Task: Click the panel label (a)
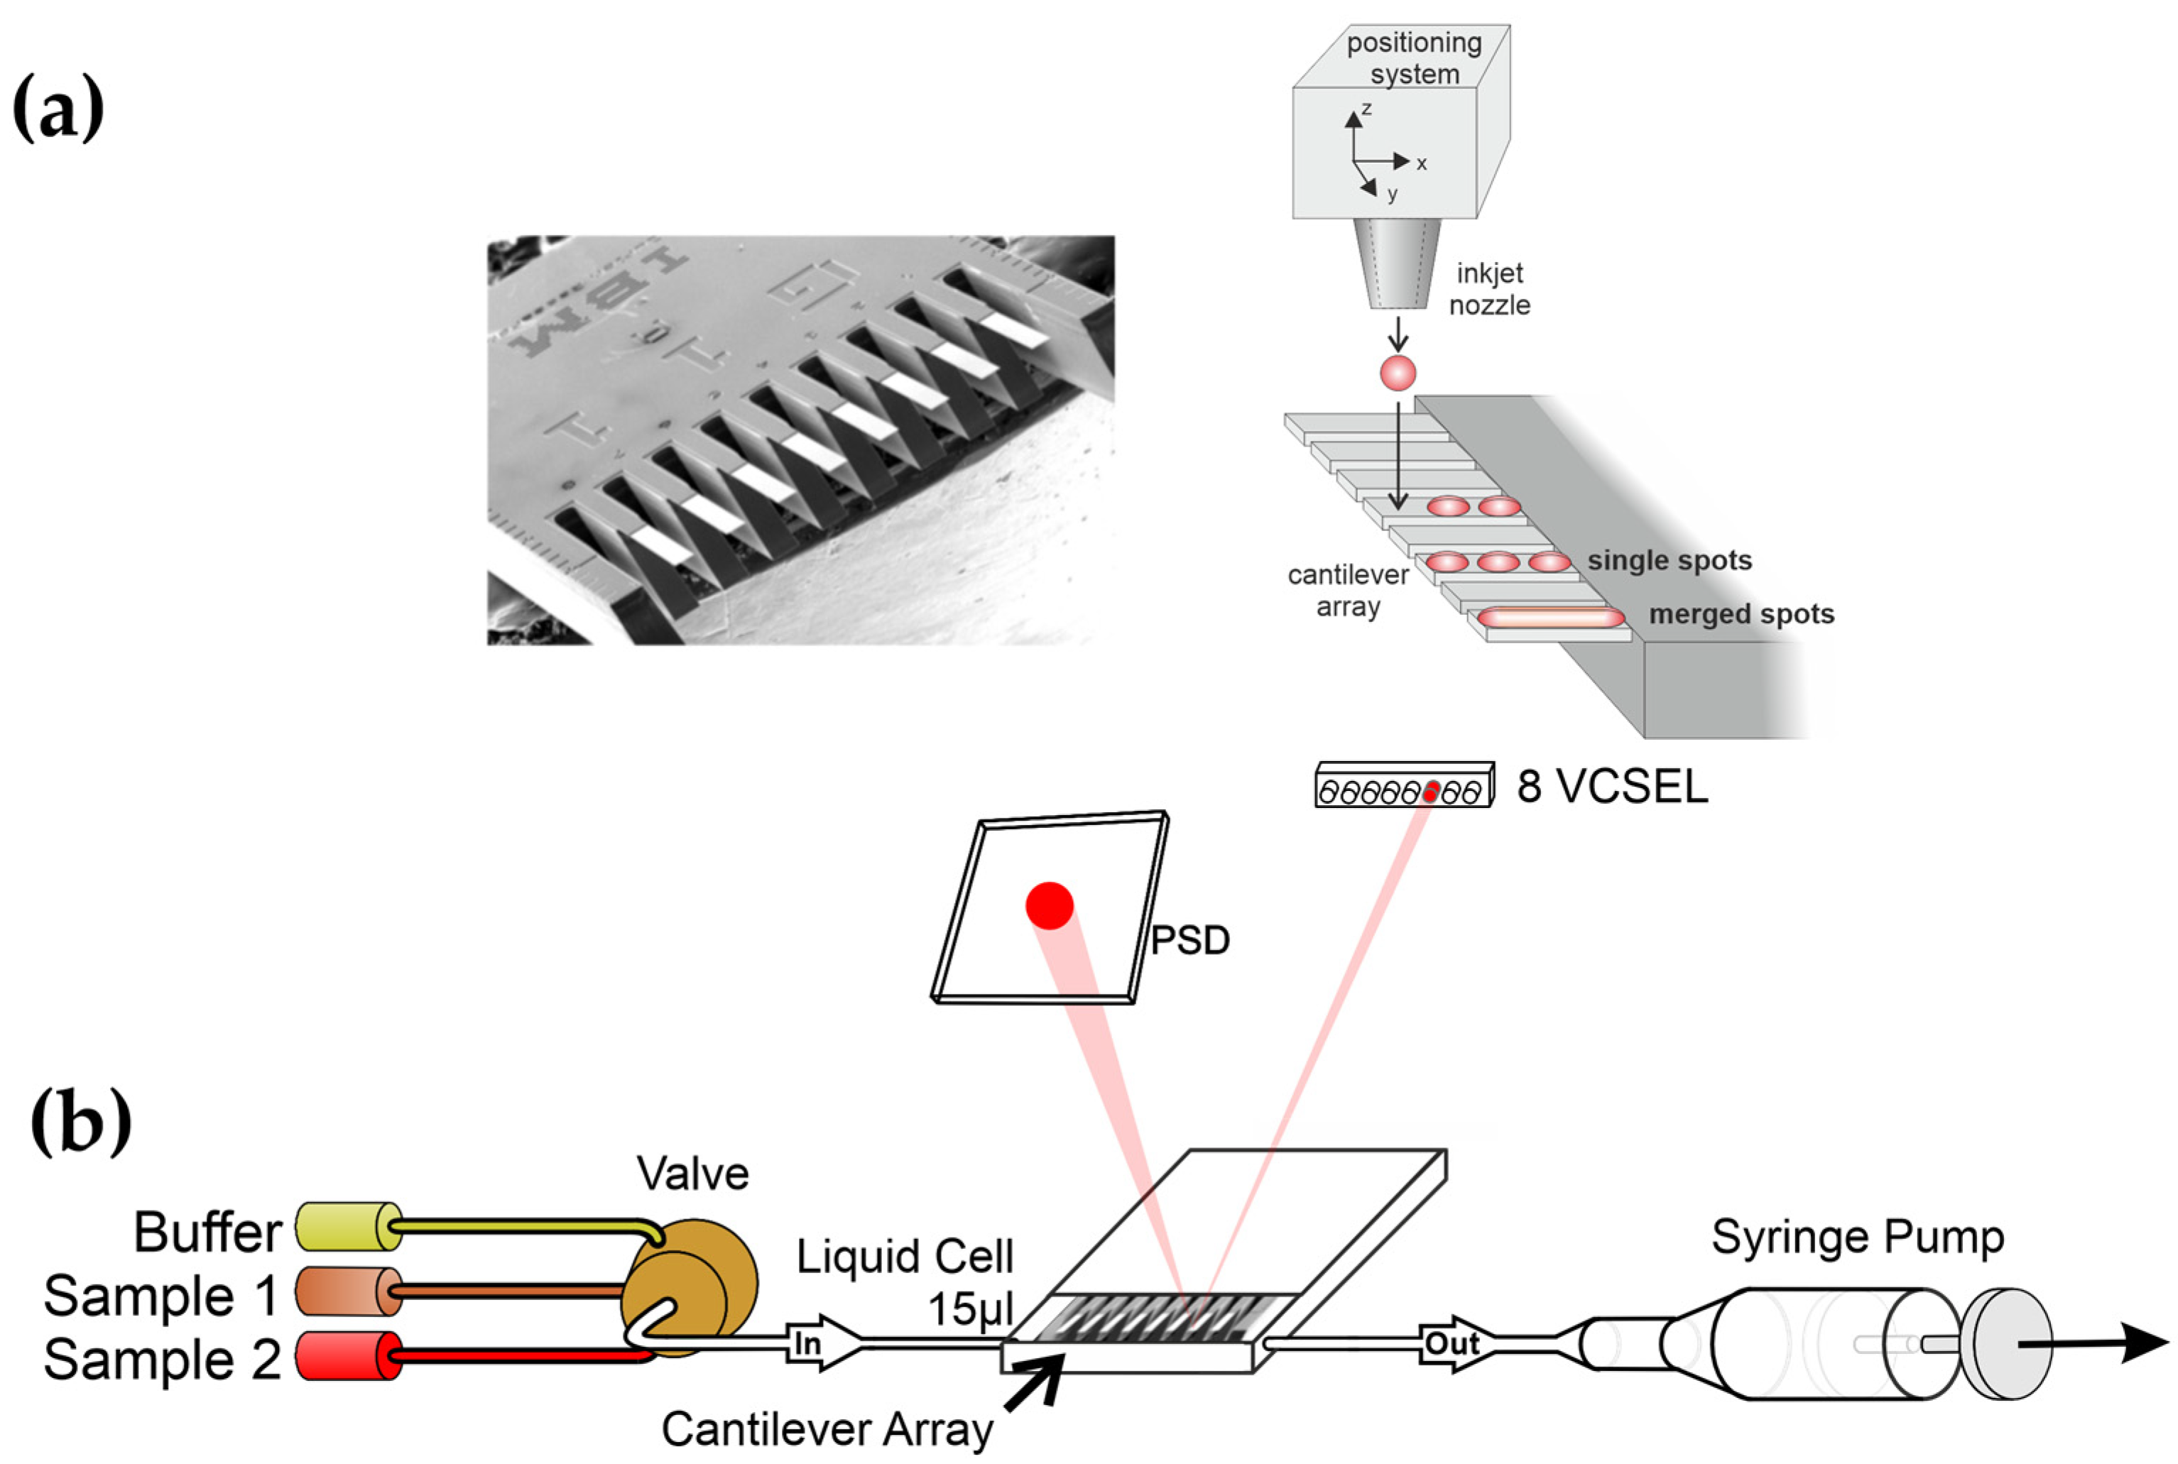(x=58, y=110)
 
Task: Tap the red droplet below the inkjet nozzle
(x=1398, y=373)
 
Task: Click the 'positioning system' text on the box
(x=1413, y=58)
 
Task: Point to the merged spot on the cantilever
(x=1550, y=617)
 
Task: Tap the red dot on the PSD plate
(x=1049, y=905)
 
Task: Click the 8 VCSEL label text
(x=1612, y=786)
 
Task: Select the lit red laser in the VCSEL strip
(x=1430, y=792)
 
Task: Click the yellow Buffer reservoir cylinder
(x=347, y=1227)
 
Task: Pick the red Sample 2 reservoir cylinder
(x=347, y=1355)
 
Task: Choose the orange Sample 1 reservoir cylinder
(x=347, y=1291)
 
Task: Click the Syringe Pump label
(x=1857, y=1237)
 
